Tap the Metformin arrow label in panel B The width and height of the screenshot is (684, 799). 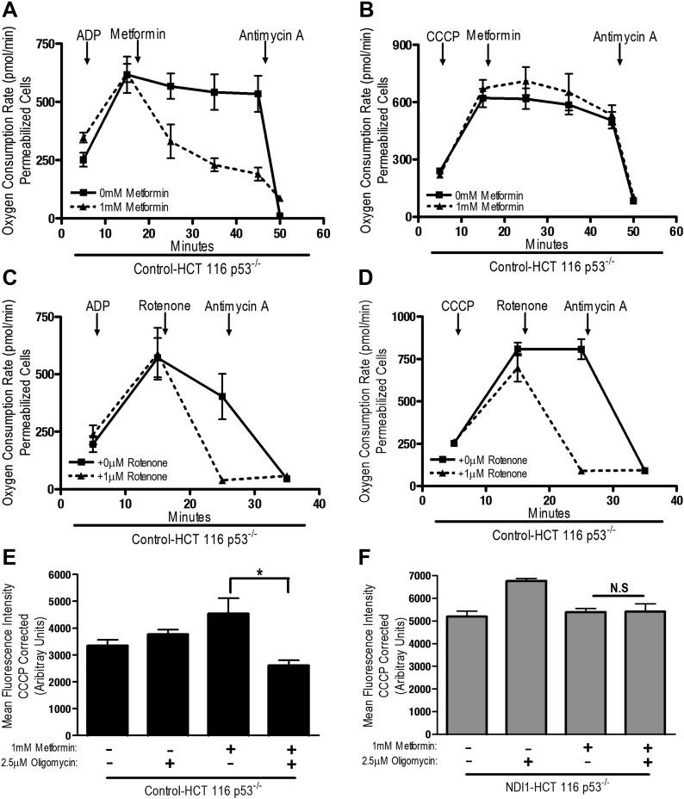pos(488,37)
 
